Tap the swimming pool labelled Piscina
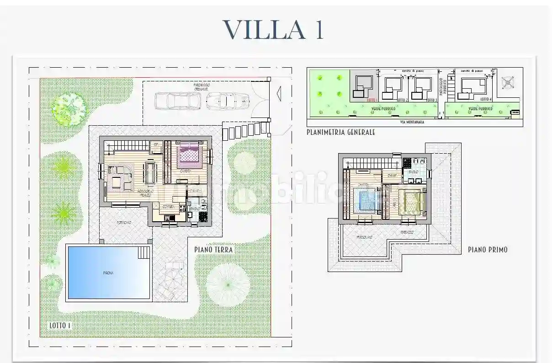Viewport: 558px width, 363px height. pyautogui.click(x=109, y=272)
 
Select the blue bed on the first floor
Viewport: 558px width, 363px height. pyautogui.click(x=367, y=200)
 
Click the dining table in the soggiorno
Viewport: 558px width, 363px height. pyautogui.click(x=150, y=173)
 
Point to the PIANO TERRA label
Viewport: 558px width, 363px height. pyautogui.click(x=213, y=250)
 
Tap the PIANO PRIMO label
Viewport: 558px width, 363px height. pyautogui.click(x=487, y=250)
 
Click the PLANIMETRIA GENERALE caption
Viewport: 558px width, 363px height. pyautogui.click(x=341, y=132)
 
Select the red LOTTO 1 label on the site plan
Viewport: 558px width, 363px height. pyautogui.click(x=371, y=99)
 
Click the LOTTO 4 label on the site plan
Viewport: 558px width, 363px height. pyautogui.click(x=486, y=99)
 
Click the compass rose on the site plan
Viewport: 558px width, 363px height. pyautogui.click(x=508, y=83)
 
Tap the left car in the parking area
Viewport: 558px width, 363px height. pyautogui.click(x=178, y=101)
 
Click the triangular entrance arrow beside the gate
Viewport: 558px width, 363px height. pyautogui.click(x=278, y=94)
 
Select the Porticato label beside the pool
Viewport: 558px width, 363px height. pyautogui.click(x=124, y=223)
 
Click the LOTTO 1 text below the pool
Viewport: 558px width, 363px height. pyautogui.click(x=60, y=326)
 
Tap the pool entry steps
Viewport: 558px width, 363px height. pyautogui.click(x=143, y=252)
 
